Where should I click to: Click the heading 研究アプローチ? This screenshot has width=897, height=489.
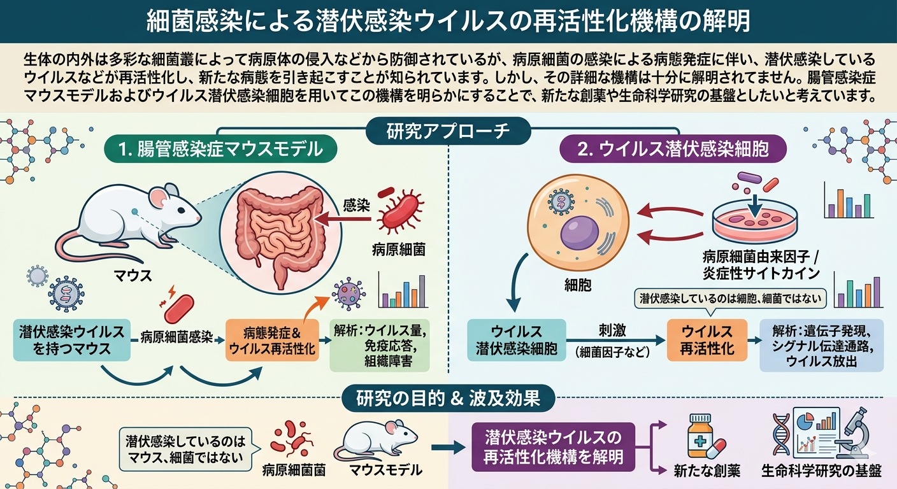tap(448, 131)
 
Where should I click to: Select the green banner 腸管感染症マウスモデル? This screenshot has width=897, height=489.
tap(220, 150)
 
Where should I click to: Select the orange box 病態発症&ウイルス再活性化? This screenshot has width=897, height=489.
tap(271, 339)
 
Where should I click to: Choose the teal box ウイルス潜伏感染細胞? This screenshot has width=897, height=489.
tap(516, 340)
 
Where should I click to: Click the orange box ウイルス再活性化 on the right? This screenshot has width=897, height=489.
tap(708, 340)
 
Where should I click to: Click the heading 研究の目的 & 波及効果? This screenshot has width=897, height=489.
tap(448, 399)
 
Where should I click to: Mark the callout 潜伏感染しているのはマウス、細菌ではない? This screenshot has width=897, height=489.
tap(184, 448)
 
